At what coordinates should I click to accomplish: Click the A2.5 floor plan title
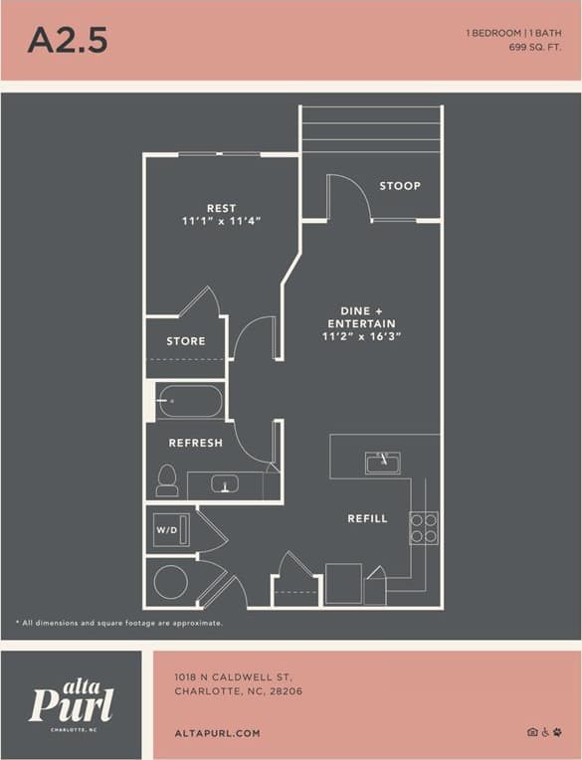[68, 40]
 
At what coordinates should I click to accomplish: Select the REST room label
[221, 208]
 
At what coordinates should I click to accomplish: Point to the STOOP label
[400, 186]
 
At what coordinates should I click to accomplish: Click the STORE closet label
[186, 341]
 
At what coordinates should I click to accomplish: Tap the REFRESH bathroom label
[195, 443]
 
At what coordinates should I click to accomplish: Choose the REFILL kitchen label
[367, 518]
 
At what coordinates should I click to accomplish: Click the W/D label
[165, 531]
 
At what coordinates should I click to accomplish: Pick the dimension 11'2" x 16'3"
[361, 337]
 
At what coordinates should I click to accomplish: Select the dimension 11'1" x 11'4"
[221, 221]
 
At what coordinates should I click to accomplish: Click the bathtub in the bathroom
[189, 402]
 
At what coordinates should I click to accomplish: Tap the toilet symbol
[167, 480]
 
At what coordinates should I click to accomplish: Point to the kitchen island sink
[382, 463]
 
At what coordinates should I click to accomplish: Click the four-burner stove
[424, 527]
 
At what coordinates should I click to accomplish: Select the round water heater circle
[170, 582]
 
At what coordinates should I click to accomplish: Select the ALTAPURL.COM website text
[217, 733]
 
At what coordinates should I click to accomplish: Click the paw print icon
[558, 732]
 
